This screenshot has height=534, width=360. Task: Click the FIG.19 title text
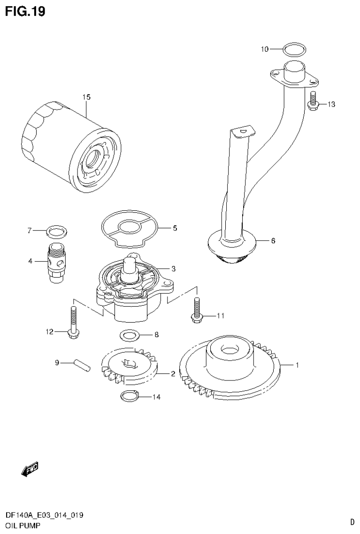tap(25, 11)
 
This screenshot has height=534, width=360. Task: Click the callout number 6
tap(273, 241)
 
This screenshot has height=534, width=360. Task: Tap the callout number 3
tap(173, 269)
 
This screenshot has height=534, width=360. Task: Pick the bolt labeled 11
tap(196, 310)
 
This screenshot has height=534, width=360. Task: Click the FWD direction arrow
tap(30, 469)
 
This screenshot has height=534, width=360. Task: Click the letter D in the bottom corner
tap(352, 522)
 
